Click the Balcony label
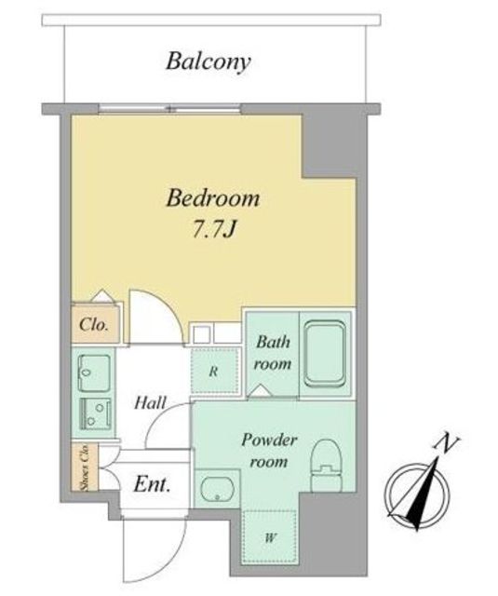pyautogui.click(x=209, y=62)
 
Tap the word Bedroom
pyautogui.click(x=213, y=198)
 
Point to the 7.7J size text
pyautogui.click(x=215, y=229)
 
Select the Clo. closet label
pyautogui.click(x=94, y=325)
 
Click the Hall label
pyautogui.click(x=151, y=402)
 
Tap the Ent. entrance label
pyautogui.click(x=152, y=484)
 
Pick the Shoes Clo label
pyautogui.click(x=85, y=468)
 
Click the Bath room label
pyautogui.click(x=273, y=353)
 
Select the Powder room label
pyautogui.click(x=269, y=451)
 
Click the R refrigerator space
pyautogui.click(x=215, y=371)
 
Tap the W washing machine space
pyautogui.click(x=270, y=537)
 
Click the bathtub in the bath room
pyautogui.click(x=326, y=354)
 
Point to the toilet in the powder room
pyautogui.click(x=327, y=466)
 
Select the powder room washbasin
pyautogui.click(x=218, y=490)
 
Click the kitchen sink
pyautogui.click(x=95, y=372)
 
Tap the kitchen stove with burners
pyautogui.click(x=95, y=413)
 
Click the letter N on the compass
pyautogui.click(x=447, y=444)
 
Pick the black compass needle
pyautogui.click(x=425, y=494)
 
